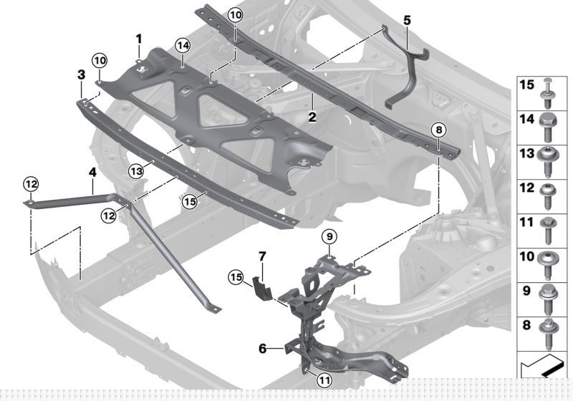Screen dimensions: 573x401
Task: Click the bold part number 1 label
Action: point(139,37)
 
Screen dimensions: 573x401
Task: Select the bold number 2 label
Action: point(312,116)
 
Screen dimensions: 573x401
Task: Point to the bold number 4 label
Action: point(92,172)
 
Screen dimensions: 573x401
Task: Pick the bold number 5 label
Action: point(407,20)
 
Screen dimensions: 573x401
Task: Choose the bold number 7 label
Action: point(262,256)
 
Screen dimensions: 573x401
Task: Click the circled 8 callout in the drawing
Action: point(438,129)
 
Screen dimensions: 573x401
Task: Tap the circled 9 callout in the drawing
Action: point(328,236)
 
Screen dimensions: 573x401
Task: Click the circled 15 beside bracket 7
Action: point(236,276)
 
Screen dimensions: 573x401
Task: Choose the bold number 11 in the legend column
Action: point(526,223)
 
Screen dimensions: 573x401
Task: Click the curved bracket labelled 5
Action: point(405,68)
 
